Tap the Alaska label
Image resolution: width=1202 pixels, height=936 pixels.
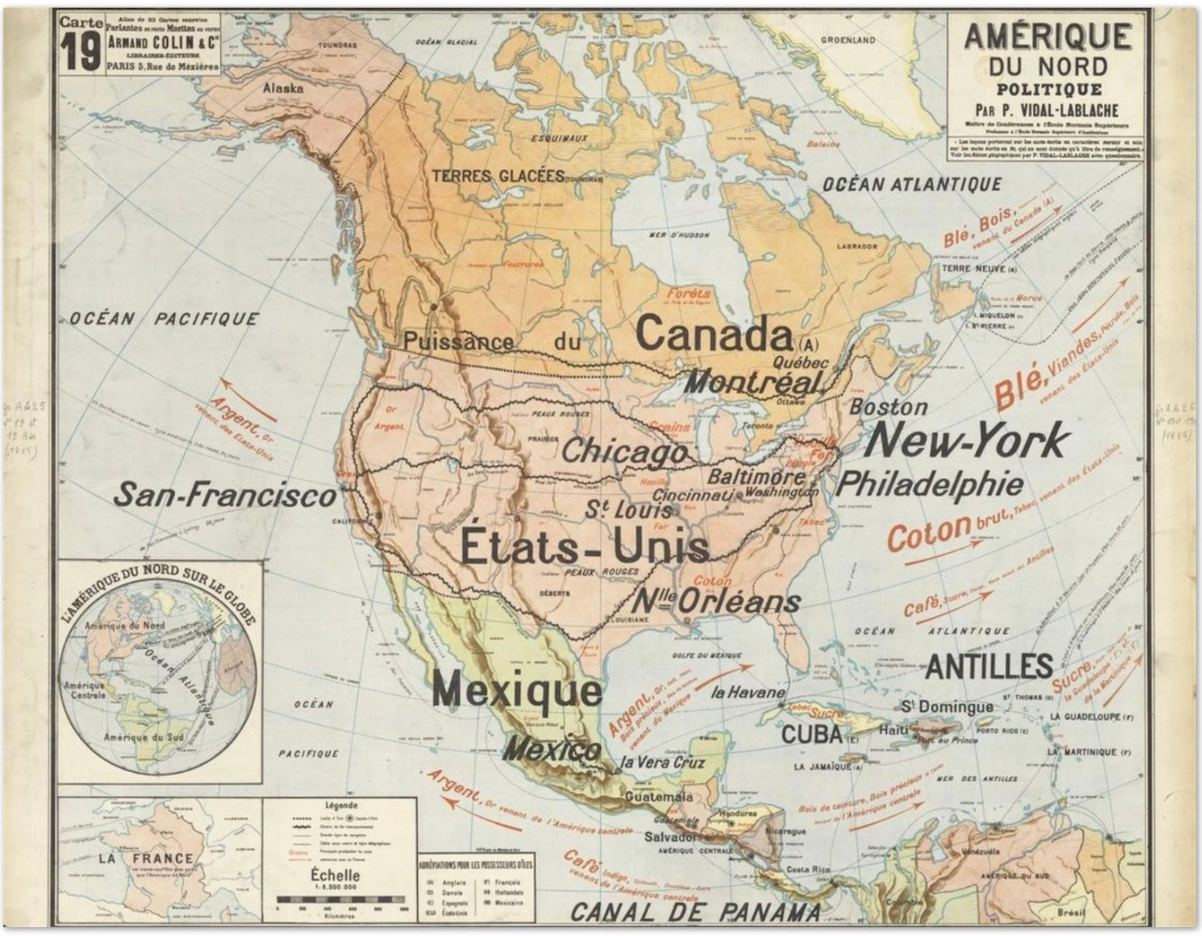click(x=282, y=88)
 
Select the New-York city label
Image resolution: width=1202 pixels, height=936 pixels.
click(x=966, y=441)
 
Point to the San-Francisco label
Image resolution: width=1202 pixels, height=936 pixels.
click(x=225, y=494)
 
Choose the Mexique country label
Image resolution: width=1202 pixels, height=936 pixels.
click(x=516, y=691)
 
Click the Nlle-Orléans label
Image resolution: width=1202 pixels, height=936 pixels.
click(x=717, y=601)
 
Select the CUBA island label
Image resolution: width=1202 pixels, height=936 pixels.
click(x=811, y=733)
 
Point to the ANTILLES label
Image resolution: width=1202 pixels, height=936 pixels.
click(x=989, y=666)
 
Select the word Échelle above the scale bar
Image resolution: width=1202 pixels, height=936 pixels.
click(x=334, y=875)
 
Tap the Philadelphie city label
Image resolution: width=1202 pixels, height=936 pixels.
click(x=929, y=484)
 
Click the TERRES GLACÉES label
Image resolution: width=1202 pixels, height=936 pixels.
click(x=497, y=176)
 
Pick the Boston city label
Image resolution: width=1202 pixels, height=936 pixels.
click(x=888, y=407)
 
